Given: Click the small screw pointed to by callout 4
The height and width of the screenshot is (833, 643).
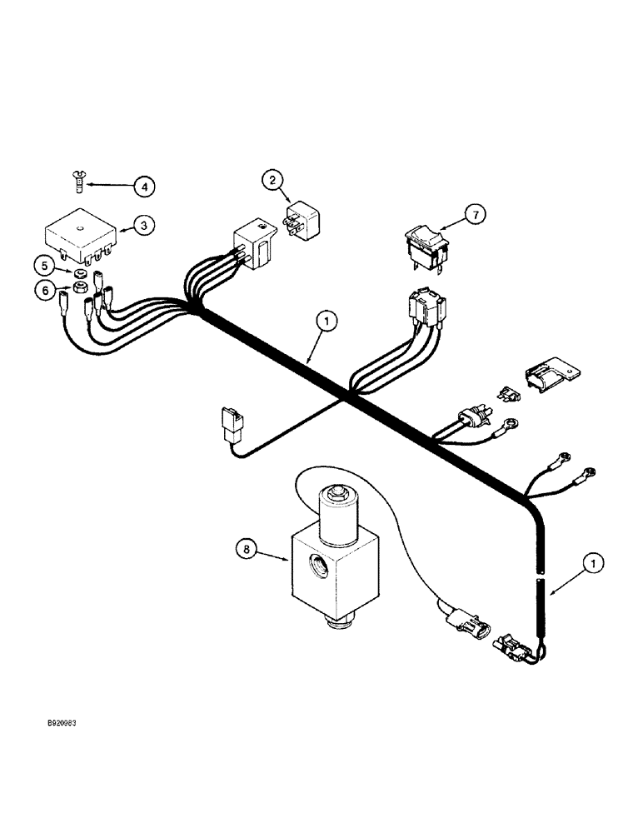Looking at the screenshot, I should pyautogui.click(x=72, y=177).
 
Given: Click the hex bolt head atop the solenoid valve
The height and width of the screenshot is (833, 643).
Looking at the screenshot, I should pyautogui.click(x=336, y=494).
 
